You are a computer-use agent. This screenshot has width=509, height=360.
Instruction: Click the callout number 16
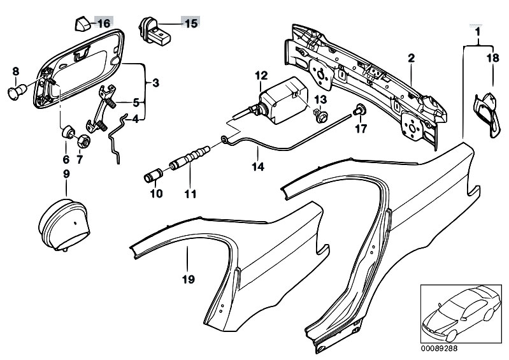103,24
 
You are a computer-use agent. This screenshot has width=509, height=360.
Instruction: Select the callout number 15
190,24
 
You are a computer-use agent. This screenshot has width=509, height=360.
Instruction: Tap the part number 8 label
16,71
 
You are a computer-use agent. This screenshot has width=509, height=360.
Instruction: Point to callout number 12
262,76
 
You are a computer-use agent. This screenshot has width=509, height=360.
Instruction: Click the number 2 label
412,59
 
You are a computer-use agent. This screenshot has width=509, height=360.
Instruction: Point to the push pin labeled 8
17,92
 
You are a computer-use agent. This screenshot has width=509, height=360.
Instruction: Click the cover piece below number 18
487,113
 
